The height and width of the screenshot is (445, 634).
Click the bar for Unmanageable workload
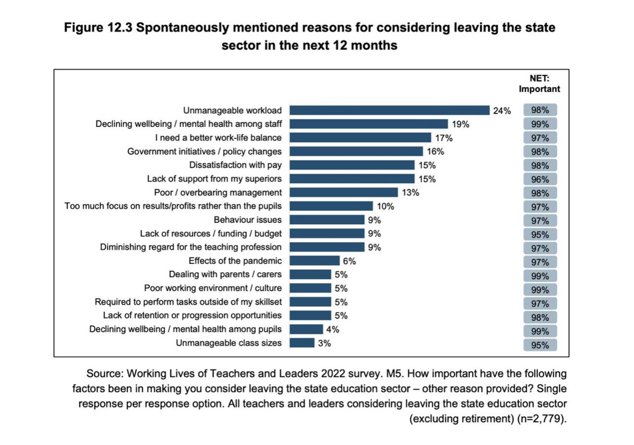(389, 110)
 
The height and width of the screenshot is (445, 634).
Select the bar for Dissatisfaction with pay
(352, 165)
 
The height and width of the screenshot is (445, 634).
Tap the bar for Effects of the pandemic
(315, 261)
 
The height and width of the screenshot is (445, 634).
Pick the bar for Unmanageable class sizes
(302, 343)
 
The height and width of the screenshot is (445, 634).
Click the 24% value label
(502, 111)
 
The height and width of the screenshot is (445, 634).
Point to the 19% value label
(460, 124)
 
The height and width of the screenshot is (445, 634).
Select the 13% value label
(410, 193)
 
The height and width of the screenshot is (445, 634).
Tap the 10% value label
(385, 206)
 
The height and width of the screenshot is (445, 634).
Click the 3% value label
(324, 343)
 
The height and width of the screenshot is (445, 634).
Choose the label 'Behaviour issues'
(248, 220)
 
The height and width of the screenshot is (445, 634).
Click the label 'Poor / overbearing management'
(218, 193)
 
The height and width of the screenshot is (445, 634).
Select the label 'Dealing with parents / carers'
(225, 274)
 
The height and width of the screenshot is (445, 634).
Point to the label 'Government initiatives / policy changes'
(205, 151)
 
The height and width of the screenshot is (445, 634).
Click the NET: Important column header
(539, 84)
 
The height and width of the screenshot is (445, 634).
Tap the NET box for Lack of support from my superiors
(540, 179)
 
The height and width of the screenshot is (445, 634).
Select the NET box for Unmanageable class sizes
(540, 345)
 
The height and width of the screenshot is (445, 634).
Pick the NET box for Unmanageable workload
(540, 110)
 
